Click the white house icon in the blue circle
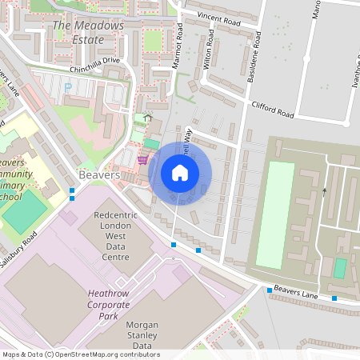click(180, 173)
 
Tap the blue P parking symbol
click(68, 86)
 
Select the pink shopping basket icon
click(142, 158)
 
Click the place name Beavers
click(99, 174)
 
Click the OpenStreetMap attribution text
click(81, 354)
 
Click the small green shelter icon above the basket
click(148, 118)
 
